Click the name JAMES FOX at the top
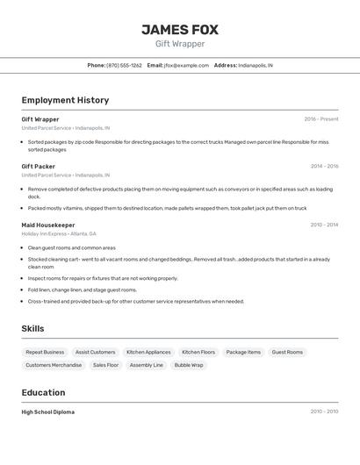tap(180, 29)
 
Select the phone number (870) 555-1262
tap(124, 65)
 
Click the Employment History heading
tap(65, 100)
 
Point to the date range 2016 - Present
tap(320, 119)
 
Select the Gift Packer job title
tap(39, 166)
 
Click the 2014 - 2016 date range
tap(324, 166)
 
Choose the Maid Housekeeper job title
tap(48, 225)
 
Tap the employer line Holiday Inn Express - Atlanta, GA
tap(59, 234)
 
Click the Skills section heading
tap(33, 328)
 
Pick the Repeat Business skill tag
tap(45, 352)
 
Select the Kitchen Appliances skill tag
tap(148, 352)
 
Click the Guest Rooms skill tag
tap(287, 352)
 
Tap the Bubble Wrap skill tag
tap(189, 365)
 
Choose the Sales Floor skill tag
tap(105, 365)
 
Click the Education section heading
tap(43, 392)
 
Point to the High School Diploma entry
tap(48, 411)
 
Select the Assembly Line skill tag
tap(147, 365)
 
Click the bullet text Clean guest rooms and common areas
tap(72, 247)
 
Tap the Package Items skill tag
tap(243, 352)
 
